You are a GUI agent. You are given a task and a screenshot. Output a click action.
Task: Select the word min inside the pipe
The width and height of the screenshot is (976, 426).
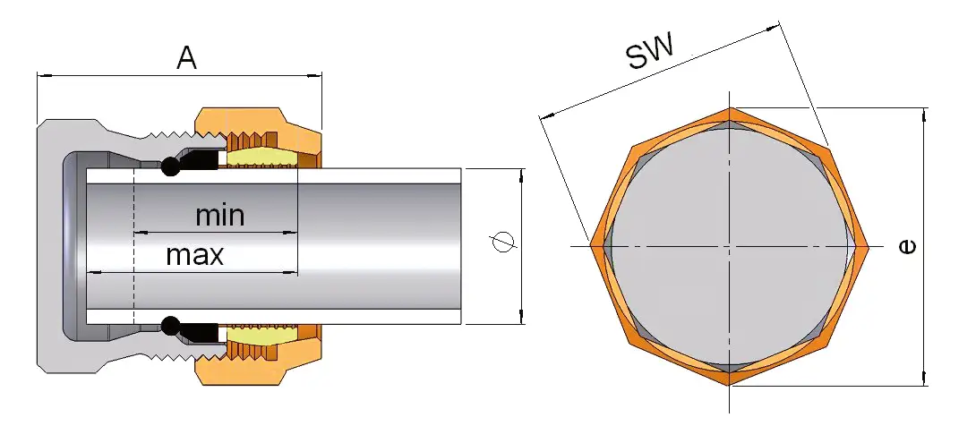[x=219, y=216]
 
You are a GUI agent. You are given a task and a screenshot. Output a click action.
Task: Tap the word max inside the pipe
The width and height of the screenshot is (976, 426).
[x=194, y=256]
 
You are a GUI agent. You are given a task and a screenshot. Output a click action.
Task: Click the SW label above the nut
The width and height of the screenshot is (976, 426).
[x=649, y=54]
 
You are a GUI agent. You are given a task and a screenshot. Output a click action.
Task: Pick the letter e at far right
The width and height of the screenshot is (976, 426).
[x=907, y=246]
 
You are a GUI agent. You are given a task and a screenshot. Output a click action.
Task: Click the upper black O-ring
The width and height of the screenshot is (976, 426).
[x=169, y=166]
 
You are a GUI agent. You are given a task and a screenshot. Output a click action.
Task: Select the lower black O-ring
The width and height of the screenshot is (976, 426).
[x=169, y=323]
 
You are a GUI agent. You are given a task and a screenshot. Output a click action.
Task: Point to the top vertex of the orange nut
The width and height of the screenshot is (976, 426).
[x=731, y=109]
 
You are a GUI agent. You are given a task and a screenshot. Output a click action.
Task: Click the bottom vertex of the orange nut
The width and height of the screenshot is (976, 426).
[x=731, y=385]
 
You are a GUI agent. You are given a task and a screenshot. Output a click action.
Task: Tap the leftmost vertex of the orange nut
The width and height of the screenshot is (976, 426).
[x=592, y=245]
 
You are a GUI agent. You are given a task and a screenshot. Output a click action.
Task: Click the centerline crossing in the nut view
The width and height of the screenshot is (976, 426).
[x=731, y=245]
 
